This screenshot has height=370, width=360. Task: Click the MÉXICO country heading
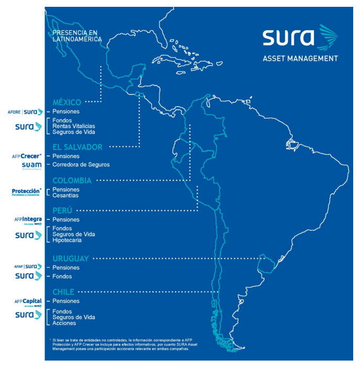tap(67, 102)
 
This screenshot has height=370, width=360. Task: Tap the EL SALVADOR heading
tap(77, 147)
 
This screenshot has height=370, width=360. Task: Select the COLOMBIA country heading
tap(72, 181)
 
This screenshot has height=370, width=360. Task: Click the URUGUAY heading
tap(70, 258)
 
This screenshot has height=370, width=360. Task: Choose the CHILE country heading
tap(63, 292)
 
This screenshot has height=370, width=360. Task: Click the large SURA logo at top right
tap(300, 38)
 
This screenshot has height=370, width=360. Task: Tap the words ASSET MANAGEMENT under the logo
tap(300, 59)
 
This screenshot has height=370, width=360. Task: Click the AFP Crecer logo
tap(27, 156)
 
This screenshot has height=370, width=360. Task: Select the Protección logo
tap(26, 192)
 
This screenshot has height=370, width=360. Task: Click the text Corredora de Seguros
tap(81, 165)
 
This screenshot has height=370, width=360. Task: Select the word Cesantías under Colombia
tap(66, 195)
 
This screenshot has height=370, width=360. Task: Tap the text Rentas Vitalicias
tap(74, 126)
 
